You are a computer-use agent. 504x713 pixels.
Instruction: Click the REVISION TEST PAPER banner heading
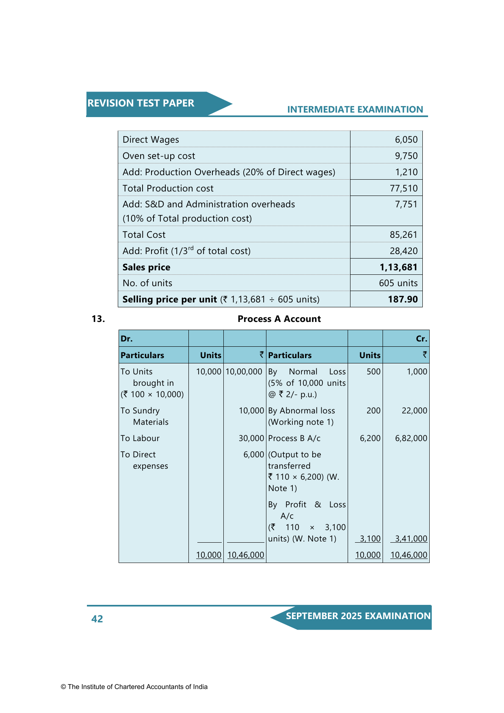coord(141,103)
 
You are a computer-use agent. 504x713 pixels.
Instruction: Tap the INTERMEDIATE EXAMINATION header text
coord(355,109)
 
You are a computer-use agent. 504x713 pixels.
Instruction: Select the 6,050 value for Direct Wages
coord(406,139)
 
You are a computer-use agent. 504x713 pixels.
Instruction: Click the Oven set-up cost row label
coord(159,156)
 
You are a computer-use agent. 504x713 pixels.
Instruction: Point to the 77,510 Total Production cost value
coord(404,188)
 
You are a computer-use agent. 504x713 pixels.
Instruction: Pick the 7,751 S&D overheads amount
coord(406,204)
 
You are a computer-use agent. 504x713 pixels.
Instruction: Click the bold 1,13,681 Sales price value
coord(398,267)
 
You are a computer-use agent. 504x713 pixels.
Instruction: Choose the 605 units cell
coord(398,283)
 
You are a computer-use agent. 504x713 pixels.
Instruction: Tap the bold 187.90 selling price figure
coord(402,299)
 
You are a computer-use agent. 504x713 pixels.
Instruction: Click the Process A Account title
coord(279,319)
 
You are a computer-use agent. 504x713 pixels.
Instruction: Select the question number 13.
coord(98,319)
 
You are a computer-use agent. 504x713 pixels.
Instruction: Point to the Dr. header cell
coord(127,339)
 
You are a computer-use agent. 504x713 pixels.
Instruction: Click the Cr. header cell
coord(421,339)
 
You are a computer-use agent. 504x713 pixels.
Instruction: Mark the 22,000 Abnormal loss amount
coord(414,411)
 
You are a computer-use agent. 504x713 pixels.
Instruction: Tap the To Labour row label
coord(140,438)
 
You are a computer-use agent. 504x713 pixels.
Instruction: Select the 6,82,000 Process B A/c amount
coord(411,438)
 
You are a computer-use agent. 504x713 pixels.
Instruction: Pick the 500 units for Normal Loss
coord(373,372)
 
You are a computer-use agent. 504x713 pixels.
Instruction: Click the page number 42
coord(97,619)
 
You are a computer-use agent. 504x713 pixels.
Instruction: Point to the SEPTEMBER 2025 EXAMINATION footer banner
coord(358,616)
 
